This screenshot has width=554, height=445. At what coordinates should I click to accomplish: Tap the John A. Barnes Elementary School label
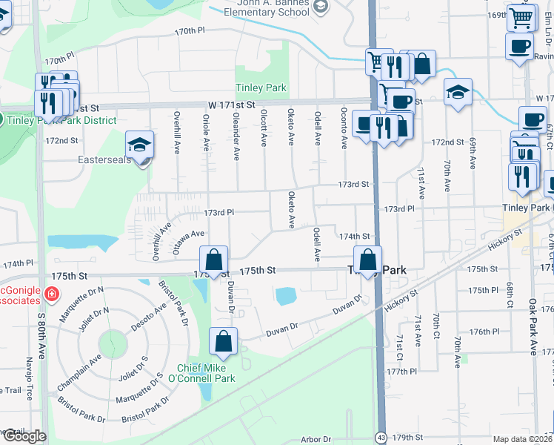(265, 7)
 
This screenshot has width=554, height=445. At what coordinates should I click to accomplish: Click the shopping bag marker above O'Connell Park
(223, 342)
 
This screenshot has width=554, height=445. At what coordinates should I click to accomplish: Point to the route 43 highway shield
(380, 437)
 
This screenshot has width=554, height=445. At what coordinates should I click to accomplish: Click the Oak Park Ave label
(532, 327)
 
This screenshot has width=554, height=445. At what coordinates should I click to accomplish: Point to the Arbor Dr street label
(316, 440)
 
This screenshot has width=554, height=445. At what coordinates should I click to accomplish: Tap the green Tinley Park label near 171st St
(261, 88)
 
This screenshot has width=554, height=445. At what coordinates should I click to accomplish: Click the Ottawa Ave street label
(187, 243)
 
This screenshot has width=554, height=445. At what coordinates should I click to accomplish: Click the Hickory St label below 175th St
(402, 300)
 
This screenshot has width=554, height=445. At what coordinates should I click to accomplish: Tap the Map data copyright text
(523, 439)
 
